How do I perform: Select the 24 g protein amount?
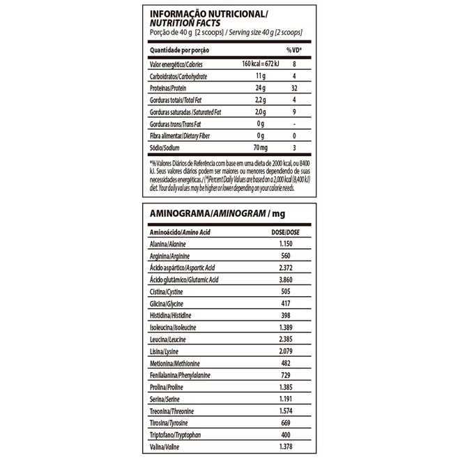[261, 89]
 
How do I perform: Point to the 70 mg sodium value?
[261, 148]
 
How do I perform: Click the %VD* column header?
[294, 51]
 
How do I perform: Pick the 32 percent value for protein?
[294, 89]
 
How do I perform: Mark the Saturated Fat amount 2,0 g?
[261, 112]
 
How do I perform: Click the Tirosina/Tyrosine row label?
[169, 423]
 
